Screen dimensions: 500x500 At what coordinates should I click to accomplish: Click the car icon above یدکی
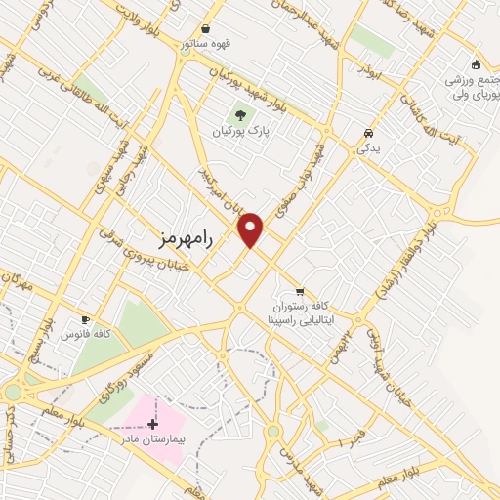tap(367, 133)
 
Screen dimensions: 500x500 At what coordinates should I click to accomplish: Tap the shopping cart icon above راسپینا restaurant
tap(300, 291)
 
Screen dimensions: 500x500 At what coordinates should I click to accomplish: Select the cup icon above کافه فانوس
tap(85, 319)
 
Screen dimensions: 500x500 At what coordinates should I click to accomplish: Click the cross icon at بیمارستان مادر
tap(151, 424)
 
